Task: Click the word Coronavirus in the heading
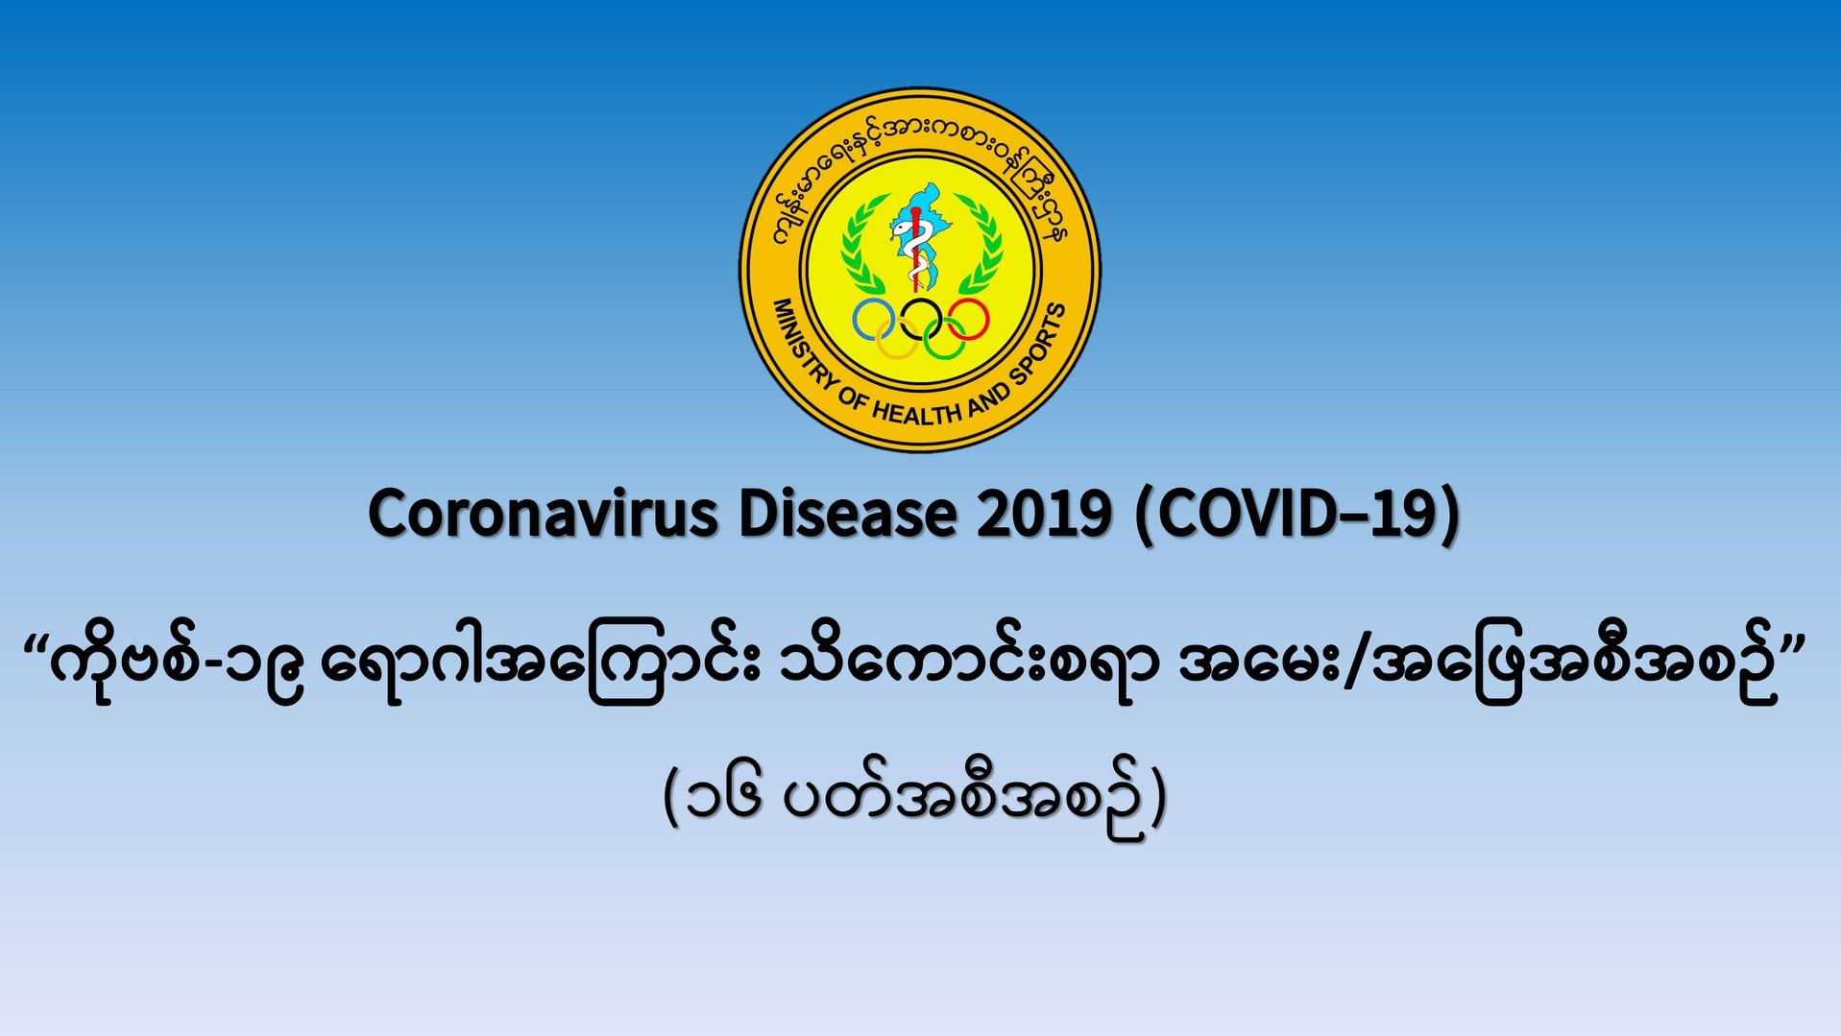[543, 514]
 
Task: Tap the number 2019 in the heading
[1043, 514]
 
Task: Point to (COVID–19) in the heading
[1297, 516]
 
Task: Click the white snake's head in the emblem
[902, 227]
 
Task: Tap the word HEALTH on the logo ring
[916, 412]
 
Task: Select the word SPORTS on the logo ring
[1039, 342]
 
